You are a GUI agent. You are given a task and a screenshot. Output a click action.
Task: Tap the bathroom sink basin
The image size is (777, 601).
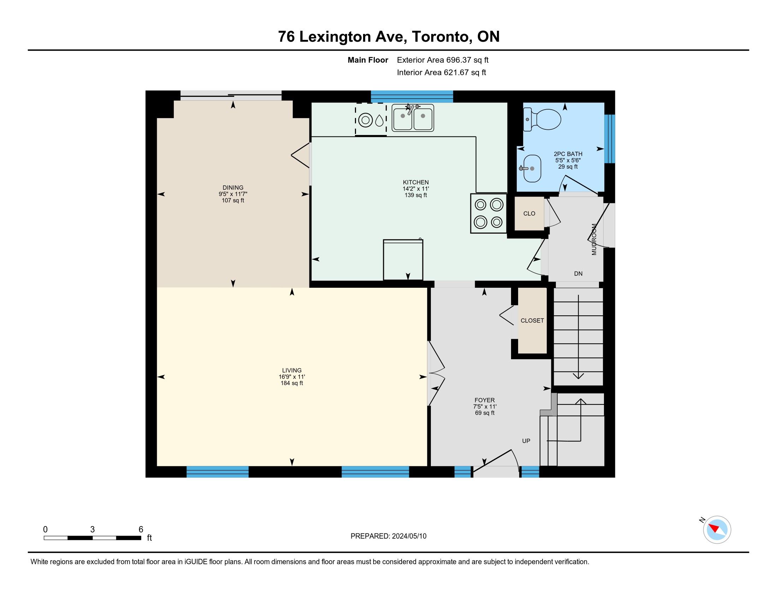(x=532, y=168)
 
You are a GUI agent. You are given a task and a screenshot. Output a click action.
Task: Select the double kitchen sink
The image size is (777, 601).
(x=413, y=117)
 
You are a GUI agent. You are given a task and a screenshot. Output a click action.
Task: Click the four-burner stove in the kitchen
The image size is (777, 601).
(x=488, y=213)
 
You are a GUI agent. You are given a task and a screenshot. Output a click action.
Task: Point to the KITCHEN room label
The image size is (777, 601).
(x=416, y=182)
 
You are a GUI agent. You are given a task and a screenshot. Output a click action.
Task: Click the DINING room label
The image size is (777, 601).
(x=233, y=188)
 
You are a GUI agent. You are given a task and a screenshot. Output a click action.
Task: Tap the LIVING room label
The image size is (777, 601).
(x=292, y=370)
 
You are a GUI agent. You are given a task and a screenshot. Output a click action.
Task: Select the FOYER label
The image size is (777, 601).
(x=485, y=400)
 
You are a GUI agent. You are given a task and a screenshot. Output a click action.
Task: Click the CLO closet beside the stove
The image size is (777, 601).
(x=529, y=213)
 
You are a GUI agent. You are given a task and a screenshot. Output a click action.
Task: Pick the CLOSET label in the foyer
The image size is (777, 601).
(x=532, y=320)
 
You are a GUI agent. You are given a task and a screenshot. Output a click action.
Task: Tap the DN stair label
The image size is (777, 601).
(x=578, y=273)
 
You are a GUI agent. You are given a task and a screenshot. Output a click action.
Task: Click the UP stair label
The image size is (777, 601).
(x=526, y=441)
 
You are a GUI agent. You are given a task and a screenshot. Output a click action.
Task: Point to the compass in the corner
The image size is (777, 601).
(x=717, y=530)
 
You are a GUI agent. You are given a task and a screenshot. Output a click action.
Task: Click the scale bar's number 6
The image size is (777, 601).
(x=141, y=530)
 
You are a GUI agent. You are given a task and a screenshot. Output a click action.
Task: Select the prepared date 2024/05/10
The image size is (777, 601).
(x=409, y=536)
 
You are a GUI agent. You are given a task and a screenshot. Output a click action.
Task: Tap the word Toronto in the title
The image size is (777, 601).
(x=441, y=37)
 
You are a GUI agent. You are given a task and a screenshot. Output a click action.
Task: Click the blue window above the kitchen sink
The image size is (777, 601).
(x=412, y=97)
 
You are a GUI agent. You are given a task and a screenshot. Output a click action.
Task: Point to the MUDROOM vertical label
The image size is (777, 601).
(x=594, y=239)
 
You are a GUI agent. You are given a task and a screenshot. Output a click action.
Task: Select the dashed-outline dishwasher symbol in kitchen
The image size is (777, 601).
(x=371, y=119)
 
